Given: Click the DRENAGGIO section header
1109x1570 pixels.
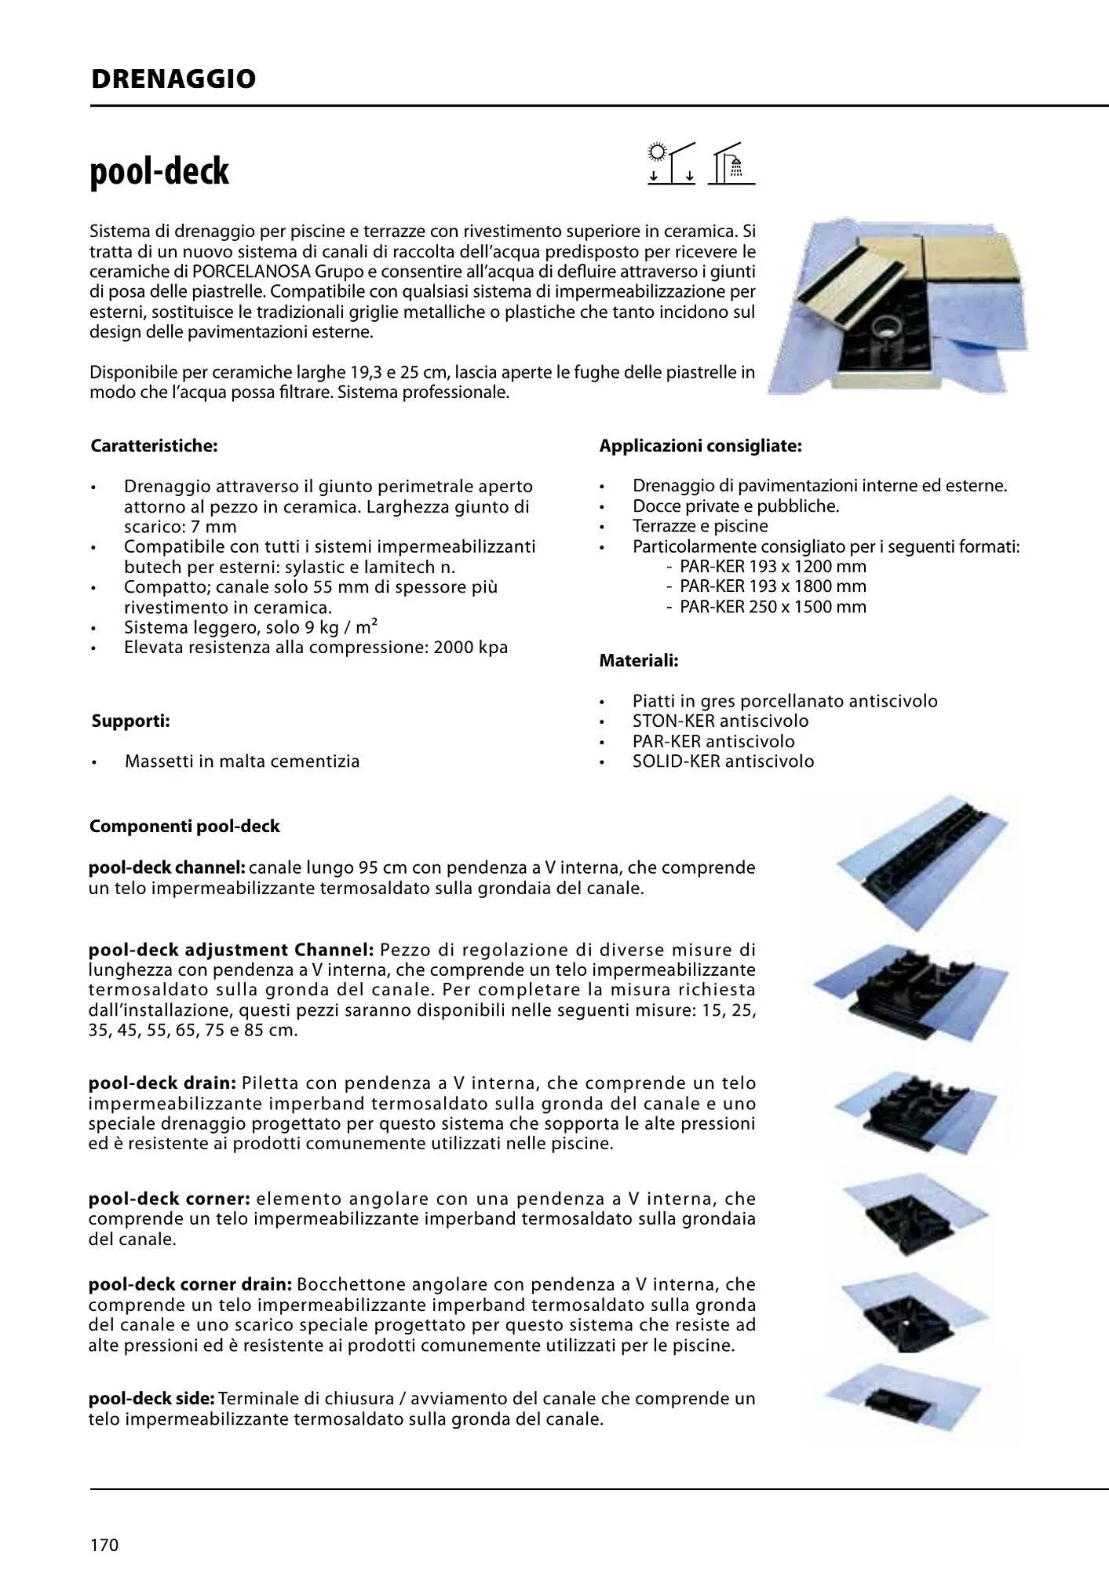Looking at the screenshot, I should [x=173, y=79].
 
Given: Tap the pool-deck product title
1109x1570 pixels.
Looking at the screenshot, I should [x=159, y=171].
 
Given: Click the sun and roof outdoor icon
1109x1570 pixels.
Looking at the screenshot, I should [x=672, y=163].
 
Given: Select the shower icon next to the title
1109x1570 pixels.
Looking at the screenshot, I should [x=731, y=163].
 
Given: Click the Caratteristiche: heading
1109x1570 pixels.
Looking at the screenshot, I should [x=154, y=446].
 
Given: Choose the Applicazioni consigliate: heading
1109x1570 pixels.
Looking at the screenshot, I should [x=700, y=446].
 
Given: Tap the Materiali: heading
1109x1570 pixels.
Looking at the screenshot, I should [x=639, y=661].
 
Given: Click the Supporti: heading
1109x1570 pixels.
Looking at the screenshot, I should [x=130, y=721].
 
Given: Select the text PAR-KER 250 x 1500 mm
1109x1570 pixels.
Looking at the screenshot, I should [x=773, y=607].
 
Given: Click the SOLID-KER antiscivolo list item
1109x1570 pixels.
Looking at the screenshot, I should [x=723, y=761].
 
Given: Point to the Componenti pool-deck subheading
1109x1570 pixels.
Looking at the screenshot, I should [x=184, y=827].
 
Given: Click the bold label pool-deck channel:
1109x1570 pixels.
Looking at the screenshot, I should [x=167, y=868].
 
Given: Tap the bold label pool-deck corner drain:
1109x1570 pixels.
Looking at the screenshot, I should [x=190, y=1285].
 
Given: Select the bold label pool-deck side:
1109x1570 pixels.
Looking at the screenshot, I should [x=151, y=1399].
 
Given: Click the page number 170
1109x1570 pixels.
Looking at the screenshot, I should [x=104, y=1545].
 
